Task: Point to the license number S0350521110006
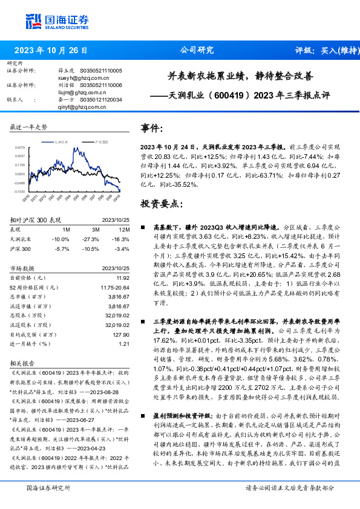pyautogui.click(x=99, y=85)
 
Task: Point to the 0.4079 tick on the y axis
pyautogui.click(x=21, y=147)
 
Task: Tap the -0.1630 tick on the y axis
pyautogui.click(x=20, y=191)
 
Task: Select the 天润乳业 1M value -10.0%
pyautogui.click(x=62, y=239)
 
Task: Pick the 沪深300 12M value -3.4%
pyautogui.click(x=122, y=248)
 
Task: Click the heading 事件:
pyautogui.click(x=152, y=129)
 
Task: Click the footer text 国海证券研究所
pyautogui.click(x=49, y=487)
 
